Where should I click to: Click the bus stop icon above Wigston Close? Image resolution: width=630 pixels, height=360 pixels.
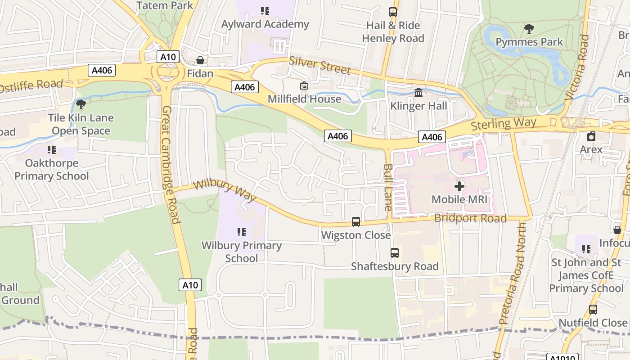coord(356,221)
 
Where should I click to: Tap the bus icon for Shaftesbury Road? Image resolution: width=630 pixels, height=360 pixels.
coord(395,253)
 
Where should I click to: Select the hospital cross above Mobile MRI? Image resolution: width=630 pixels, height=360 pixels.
coord(459,186)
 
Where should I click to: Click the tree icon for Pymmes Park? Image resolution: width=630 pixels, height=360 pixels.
coord(529,29)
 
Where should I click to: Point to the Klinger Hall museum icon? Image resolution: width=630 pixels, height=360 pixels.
coord(419,93)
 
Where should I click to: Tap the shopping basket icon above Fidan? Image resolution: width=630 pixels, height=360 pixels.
coord(200,60)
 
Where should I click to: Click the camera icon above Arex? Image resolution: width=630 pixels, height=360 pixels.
coord(591,136)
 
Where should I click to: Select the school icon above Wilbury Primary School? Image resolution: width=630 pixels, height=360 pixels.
coord(242,232)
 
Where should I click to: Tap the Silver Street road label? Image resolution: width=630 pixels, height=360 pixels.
coord(319,65)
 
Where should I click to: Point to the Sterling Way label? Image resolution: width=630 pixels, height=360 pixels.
coord(504,123)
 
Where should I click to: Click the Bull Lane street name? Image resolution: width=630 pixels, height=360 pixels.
coord(387,187)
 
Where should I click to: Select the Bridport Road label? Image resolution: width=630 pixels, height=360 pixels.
coord(470,218)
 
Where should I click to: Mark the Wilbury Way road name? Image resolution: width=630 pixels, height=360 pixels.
coord(225,191)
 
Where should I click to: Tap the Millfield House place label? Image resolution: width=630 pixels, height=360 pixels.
coord(304,99)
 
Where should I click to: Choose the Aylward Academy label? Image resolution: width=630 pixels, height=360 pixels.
coord(265,24)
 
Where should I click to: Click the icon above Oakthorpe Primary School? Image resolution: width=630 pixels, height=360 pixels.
coord(52,149)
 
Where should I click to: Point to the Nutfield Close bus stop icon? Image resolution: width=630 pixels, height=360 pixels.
coord(593,310)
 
